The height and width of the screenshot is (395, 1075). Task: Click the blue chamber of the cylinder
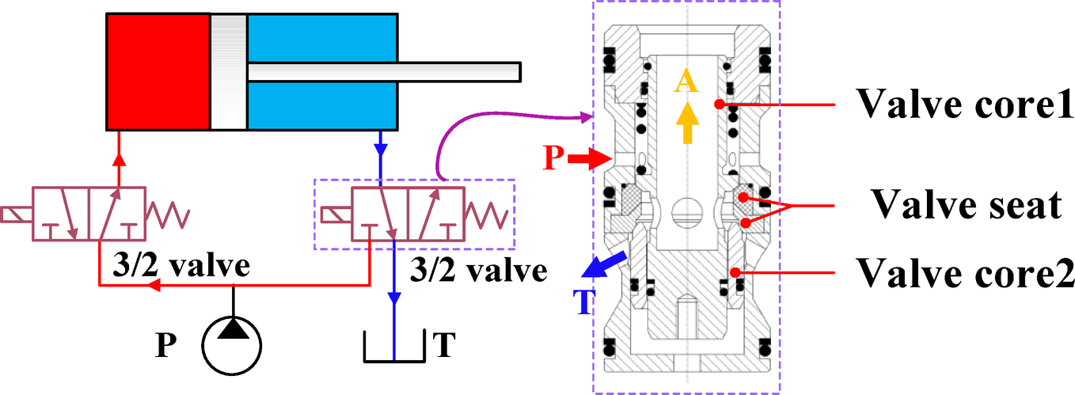[321, 103]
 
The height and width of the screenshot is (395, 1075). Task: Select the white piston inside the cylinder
[229, 71]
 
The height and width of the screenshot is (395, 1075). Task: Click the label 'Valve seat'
[965, 205]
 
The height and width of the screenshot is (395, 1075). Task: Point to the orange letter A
[686, 82]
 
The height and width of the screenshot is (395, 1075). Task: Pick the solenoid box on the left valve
[17, 214]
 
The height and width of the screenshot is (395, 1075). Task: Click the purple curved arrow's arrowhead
[584, 118]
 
